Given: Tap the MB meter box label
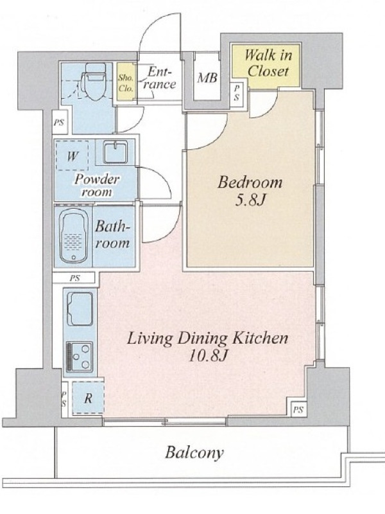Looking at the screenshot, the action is point(207,78).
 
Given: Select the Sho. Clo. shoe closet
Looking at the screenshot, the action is point(126,82).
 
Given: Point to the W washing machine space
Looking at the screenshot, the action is point(72,155).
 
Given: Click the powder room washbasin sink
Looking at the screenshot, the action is point(116,152).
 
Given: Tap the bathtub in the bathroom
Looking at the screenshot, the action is point(74,236).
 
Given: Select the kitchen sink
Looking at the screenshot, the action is point(80,309).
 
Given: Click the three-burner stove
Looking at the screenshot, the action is point(80,357).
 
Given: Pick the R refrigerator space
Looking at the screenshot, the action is point(88,398).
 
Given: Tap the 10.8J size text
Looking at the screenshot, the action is point(208,356).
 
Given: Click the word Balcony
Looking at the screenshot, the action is point(194,453).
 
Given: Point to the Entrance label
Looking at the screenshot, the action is point(159,78).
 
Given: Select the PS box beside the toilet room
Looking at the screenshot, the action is point(59,123).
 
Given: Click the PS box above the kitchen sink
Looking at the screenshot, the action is point(74,278).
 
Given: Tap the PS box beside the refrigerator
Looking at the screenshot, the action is point(65,399).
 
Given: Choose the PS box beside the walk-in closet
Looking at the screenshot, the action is point(236,93).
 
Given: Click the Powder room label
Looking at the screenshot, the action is point(97,185).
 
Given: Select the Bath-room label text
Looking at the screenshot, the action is point(112,235).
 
